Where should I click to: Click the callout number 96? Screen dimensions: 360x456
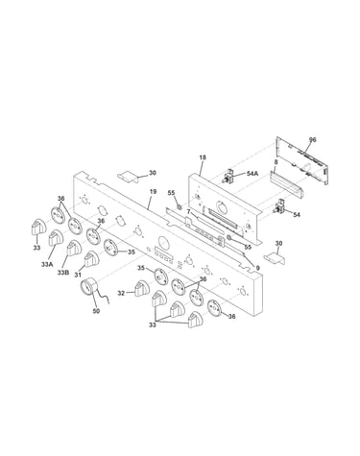[x=312, y=139]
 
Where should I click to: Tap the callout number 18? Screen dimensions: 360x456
[x=203, y=157]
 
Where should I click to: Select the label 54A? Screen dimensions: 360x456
[x=252, y=174]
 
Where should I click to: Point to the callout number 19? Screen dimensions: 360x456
[x=153, y=191]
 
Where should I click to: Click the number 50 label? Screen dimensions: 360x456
[x=96, y=311]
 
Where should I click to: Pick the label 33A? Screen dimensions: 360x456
[x=47, y=264]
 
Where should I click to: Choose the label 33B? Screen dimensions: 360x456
[x=63, y=273]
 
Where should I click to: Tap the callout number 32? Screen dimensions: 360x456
[x=121, y=293]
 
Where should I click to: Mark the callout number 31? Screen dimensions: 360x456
[x=79, y=275]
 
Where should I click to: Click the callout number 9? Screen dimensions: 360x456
[x=257, y=268]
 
